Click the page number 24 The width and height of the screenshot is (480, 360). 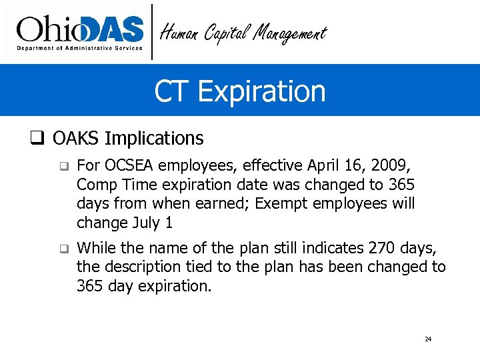pyautogui.click(x=428, y=339)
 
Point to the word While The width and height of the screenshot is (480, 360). pyautogui.click(x=97, y=249)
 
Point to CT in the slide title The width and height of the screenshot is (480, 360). pyautogui.click(x=169, y=91)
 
